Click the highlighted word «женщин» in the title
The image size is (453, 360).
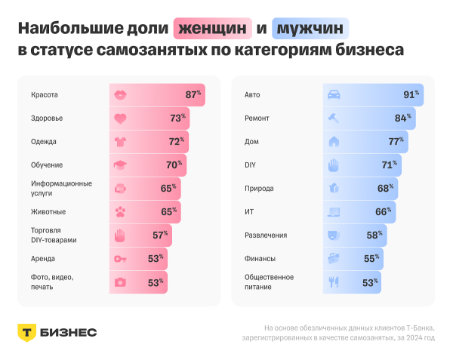coord(213,29)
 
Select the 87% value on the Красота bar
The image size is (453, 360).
coord(193,95)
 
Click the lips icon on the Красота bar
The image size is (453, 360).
coord(120,95)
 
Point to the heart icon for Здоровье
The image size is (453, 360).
coord(120,118)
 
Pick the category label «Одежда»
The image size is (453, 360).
coord(44,141)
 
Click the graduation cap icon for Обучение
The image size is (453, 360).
coord(120,165)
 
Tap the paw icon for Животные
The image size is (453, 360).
coord(120,211)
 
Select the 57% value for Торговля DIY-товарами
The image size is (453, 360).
coord(160,235)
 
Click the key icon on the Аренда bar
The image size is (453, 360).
coord(120,258)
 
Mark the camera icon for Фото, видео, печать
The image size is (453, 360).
coord(120,282)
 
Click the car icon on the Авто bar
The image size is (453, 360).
coord(334,95)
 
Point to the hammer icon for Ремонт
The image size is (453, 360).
coord(334,118)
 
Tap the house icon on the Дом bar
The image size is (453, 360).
coord(334,141)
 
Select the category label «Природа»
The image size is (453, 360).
coord(259,188)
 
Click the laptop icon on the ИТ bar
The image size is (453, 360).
coord(334,211)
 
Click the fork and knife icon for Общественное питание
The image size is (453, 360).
coord(334,282)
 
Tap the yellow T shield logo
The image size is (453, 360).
coord(27,333)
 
